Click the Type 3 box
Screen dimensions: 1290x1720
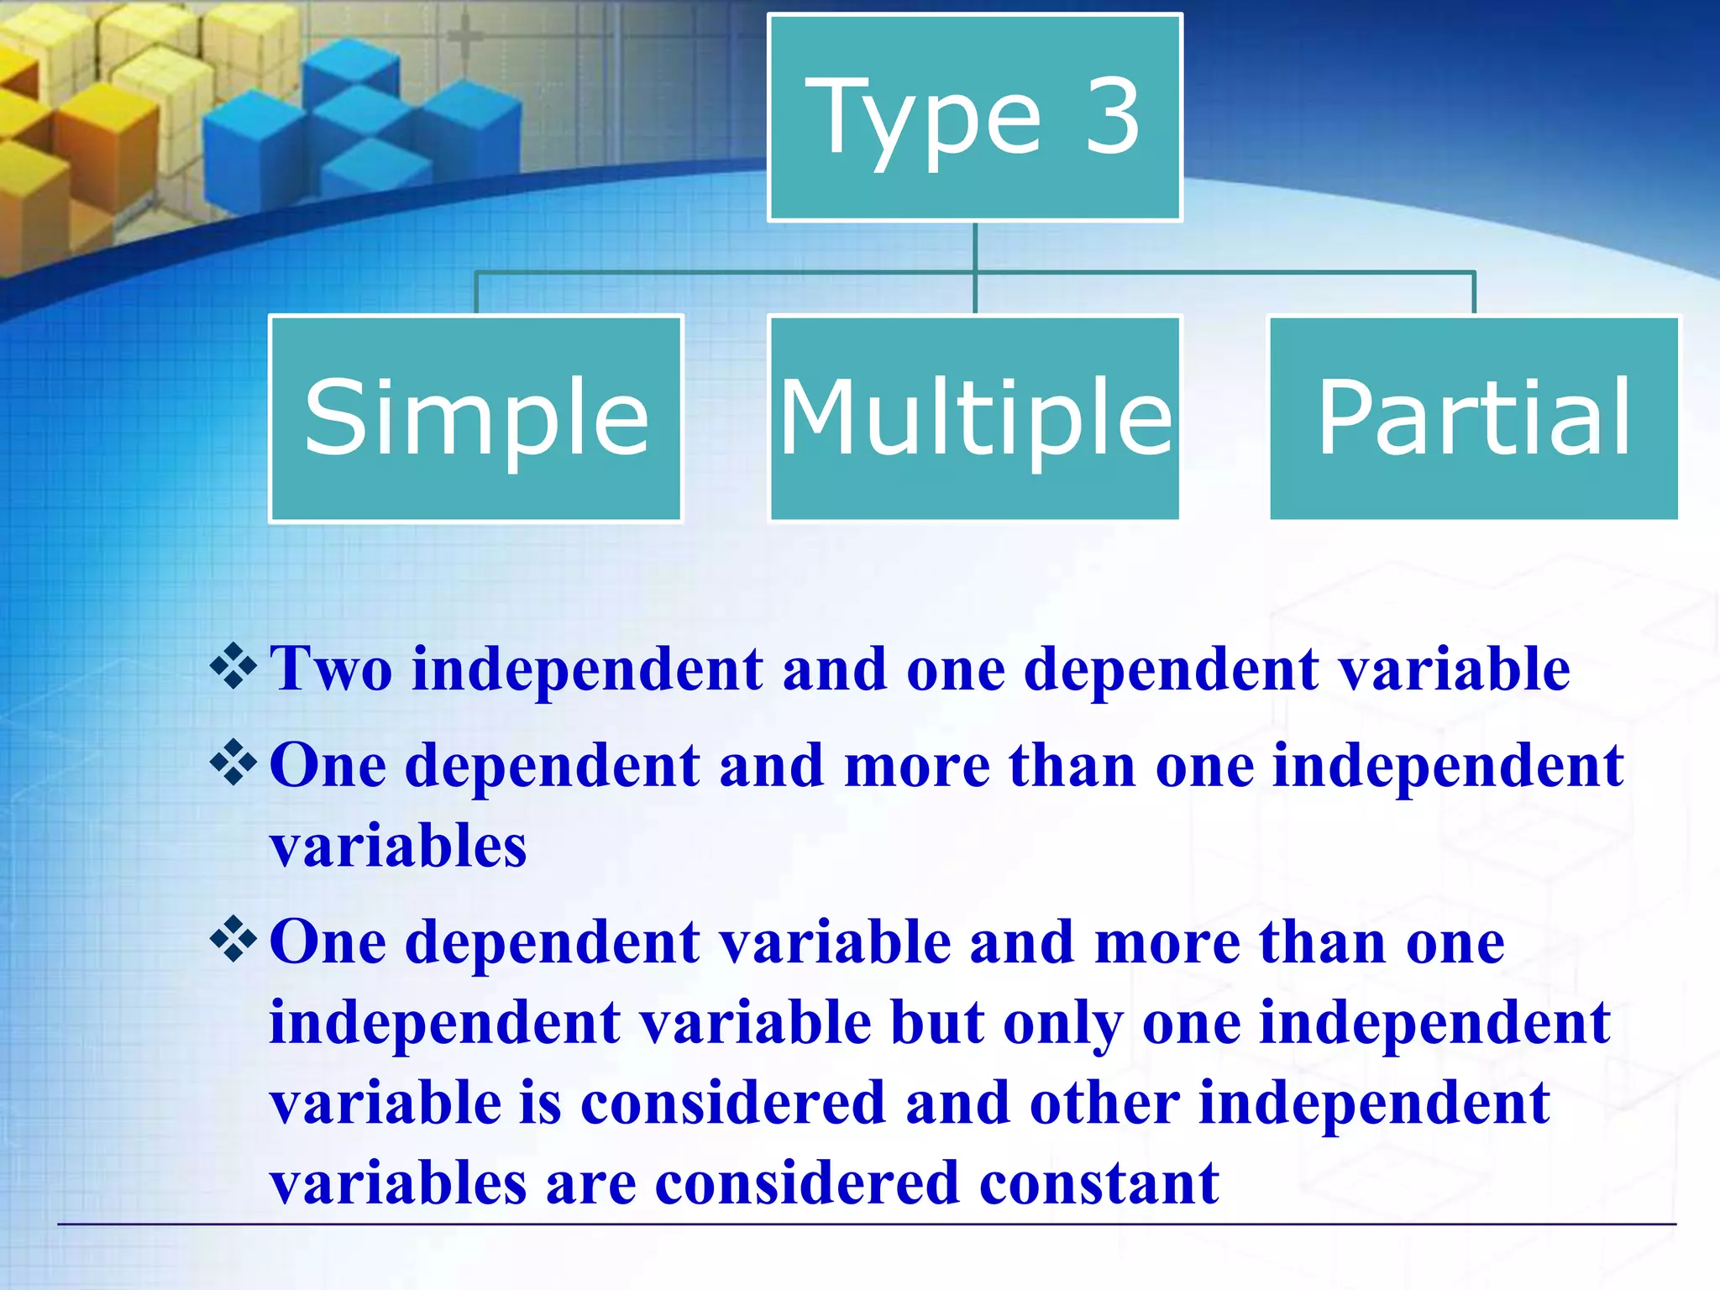pos(974,118)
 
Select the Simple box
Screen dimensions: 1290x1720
pos(475,418)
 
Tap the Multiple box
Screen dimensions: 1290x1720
pos(974,418)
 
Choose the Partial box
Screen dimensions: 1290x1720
pos(1473,418)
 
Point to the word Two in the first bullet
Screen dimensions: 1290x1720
pos(331,669)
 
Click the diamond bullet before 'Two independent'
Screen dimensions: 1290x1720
pos(233,667)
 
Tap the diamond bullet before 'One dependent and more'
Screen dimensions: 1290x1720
pos(233,763)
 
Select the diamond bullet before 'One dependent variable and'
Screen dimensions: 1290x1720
pos(233,940)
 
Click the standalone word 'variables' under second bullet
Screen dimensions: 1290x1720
pos(398,846)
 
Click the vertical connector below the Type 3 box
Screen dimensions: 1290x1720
pos(975,249)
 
